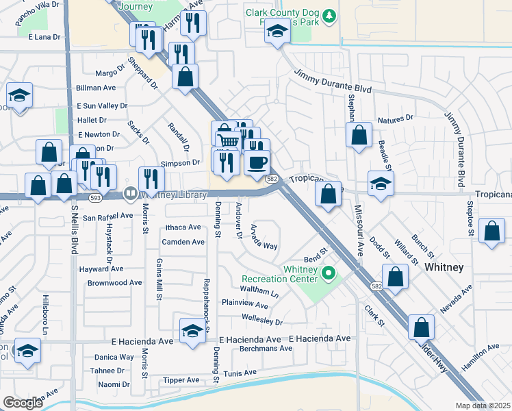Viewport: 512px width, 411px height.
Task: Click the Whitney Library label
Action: [x=173, y=195]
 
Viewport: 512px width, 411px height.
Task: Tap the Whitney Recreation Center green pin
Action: [x=328, y=275]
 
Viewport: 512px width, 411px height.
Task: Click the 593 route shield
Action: [x=94, y=197]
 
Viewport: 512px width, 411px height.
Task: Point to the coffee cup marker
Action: [x=257, y=162]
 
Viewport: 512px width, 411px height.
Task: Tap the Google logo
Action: [x=23, y=403]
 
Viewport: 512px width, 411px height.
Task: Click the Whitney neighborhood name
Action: [x=444, y=266]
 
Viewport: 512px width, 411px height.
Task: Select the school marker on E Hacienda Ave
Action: [x=193, y=331]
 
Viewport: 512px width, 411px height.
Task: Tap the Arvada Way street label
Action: [x=264, y=236]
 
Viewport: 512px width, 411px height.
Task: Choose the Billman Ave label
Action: [x=96, y=88]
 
